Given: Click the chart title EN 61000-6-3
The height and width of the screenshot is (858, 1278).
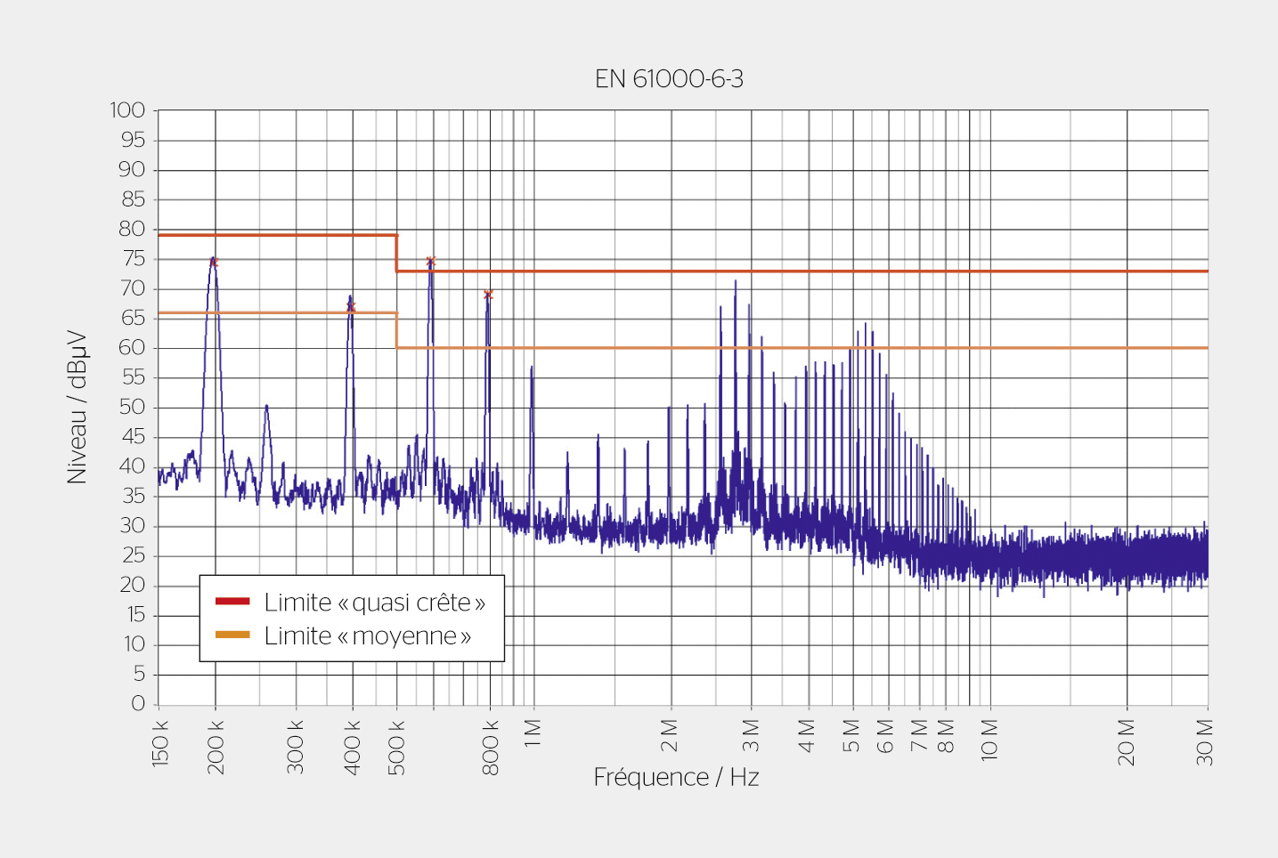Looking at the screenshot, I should [669, 79].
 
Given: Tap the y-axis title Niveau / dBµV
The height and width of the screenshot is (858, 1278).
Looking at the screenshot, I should [77, 407].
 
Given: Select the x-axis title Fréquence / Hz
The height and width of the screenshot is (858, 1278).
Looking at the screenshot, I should [676, 777].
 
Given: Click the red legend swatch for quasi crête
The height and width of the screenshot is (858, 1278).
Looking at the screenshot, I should [232, 602].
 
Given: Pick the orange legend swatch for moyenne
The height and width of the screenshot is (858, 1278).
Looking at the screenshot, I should [232, 635].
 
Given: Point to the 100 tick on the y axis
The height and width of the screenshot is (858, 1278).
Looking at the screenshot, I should [127, 110].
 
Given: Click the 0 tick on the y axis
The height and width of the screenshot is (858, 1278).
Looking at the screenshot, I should [138, 704].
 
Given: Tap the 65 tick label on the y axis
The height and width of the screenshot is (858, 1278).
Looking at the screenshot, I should [133, 318].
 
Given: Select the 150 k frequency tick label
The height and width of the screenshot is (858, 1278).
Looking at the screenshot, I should [160, 744].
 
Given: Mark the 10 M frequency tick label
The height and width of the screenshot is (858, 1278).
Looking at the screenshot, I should [989, 739].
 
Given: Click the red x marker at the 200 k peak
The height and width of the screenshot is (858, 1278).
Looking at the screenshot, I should [214, 262].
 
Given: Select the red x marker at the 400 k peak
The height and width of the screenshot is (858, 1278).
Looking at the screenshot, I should [351, 307].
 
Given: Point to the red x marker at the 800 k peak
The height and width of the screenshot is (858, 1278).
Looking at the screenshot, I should [488, 294].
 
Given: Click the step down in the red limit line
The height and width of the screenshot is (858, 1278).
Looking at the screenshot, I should [396, 253].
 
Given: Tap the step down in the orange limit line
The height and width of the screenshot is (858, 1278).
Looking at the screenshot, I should [396, 330].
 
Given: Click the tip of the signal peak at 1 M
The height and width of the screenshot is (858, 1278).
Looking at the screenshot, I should [532, 367].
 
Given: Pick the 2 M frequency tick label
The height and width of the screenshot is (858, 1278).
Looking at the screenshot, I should [670, 736].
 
